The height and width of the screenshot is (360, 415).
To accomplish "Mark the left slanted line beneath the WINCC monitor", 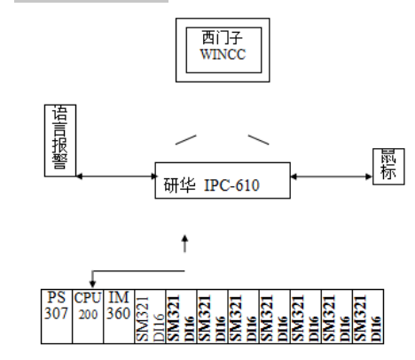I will [x=185, y=139].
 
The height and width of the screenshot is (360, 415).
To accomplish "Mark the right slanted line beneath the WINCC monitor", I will [x=257, y=139].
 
